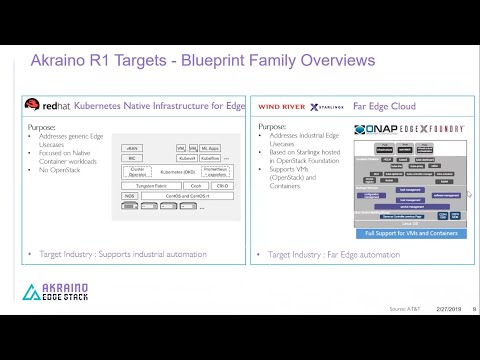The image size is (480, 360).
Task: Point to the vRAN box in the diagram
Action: point(132,147)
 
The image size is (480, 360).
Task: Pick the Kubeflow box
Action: point(211,157)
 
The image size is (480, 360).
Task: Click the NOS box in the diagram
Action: point(129,196)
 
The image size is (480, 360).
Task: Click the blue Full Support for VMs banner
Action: point(410,232)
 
